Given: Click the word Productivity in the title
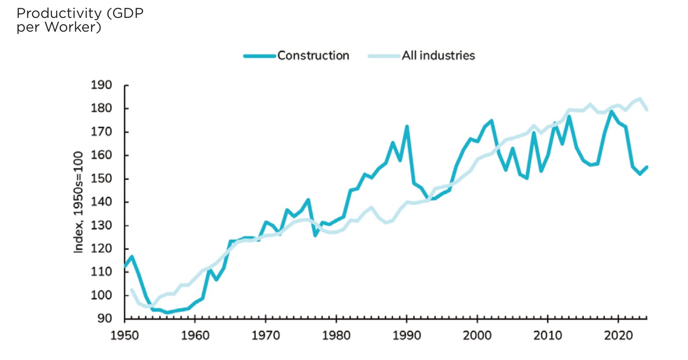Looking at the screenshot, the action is [59, 13].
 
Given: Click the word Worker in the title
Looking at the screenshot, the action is [72, 27].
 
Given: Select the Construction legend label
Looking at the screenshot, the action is [313, 55].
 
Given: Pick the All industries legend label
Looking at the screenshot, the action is [438, 55].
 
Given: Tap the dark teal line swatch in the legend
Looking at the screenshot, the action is [259, 56].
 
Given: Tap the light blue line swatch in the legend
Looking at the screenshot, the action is [384, 56].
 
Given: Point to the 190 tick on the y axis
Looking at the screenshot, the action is [101, 85].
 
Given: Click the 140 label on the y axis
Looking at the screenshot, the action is [101, 202].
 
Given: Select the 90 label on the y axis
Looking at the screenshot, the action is [105, 319].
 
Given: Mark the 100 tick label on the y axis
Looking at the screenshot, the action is [101, 295].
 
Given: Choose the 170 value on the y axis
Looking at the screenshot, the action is [101, 132].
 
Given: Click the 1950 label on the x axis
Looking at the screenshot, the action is [124, 335].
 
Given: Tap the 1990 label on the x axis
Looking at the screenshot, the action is [407, 335].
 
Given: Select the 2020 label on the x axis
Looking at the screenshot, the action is [618, 335].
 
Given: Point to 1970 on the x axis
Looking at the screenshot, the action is [266, 335].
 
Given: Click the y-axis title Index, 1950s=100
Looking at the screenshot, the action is [79, 202].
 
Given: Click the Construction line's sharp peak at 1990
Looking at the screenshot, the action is [407, 126].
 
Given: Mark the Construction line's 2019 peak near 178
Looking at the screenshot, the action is [611, 111].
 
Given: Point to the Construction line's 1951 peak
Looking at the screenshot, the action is [132, 256].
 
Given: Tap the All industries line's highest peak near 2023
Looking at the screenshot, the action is [640, 99].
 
